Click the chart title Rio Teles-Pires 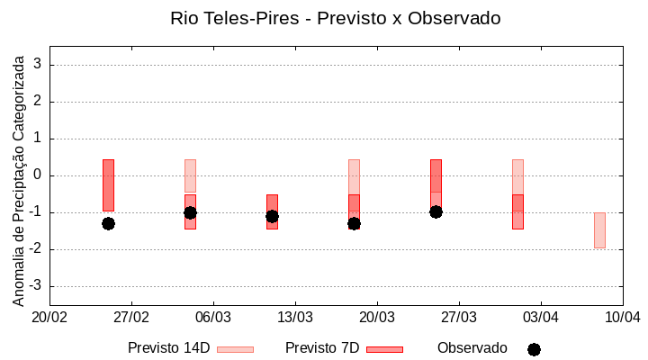(335, 18)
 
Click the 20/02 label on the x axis (49, 317)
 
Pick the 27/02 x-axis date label (131, 317)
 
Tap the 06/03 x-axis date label (213, 317)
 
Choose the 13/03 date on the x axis (295, 317)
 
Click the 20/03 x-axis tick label (377, 317)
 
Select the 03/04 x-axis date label (541, 317)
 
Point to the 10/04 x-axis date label (622, 317)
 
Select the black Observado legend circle (534, 349)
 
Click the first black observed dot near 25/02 (108, 223)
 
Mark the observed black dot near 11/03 (272, 216)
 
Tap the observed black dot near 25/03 (436, 211)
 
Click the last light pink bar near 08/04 (599, 230)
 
